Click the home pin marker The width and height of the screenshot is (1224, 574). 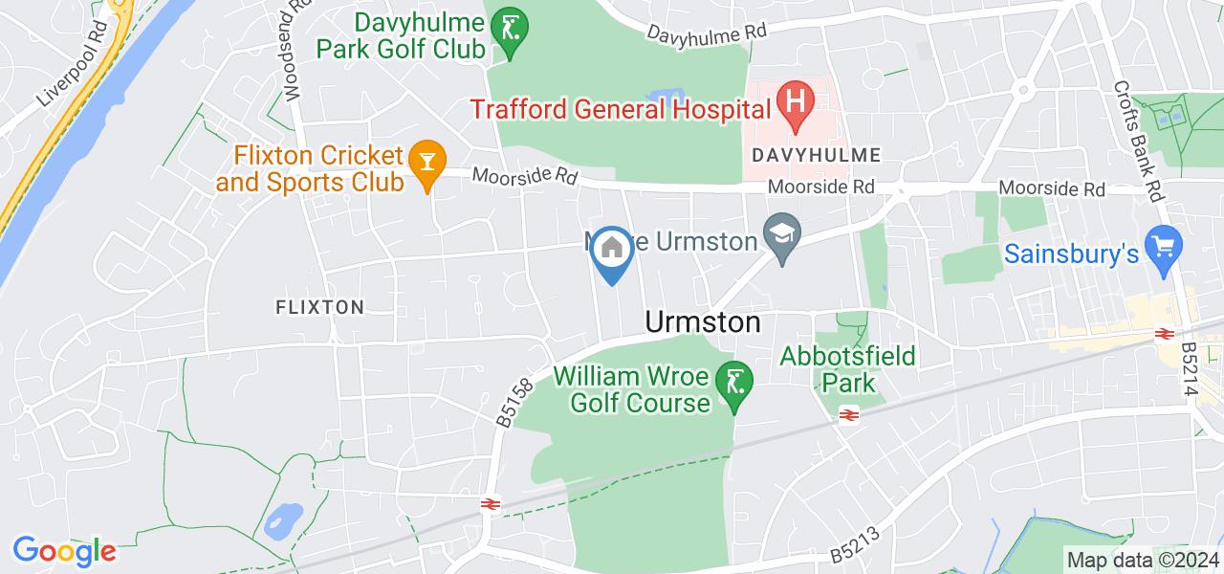click(612, 253)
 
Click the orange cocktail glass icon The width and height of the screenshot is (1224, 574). click(424, 160)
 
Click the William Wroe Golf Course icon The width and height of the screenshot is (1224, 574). click(735, 385)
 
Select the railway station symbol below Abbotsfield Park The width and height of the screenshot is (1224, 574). click(847, 414)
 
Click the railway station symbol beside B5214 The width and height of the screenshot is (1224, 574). click(1164, 334)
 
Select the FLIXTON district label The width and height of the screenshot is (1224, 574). click(319, 307)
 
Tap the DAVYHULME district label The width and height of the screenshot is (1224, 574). click(816, 154)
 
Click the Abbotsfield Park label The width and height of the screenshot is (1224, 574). click(848, 370)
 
